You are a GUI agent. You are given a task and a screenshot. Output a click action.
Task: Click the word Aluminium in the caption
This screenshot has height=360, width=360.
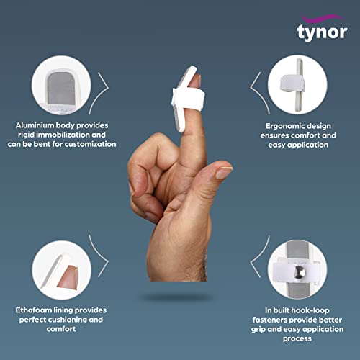[37, 125]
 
